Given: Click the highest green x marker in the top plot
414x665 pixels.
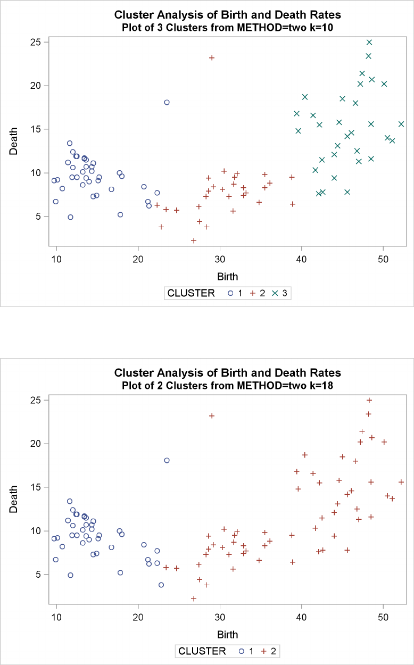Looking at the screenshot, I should [369, 42].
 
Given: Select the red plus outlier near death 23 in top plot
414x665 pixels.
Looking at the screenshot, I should [212, 57].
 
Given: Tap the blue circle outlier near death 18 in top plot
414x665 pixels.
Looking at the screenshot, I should [167, 102].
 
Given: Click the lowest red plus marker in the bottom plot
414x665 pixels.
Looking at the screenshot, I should [194, 598].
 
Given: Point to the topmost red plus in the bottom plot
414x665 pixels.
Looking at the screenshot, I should [369, 400].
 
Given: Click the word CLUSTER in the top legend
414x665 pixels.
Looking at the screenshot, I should [191, 293].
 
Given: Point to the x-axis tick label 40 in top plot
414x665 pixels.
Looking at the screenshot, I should [302, 259].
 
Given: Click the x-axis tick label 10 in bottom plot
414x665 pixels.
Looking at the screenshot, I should [56, 617].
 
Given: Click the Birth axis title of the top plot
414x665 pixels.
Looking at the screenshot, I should [227, 276].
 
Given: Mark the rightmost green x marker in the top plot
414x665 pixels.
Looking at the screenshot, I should [401, 124].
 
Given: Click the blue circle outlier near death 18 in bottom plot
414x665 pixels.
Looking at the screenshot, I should [167, 460].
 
